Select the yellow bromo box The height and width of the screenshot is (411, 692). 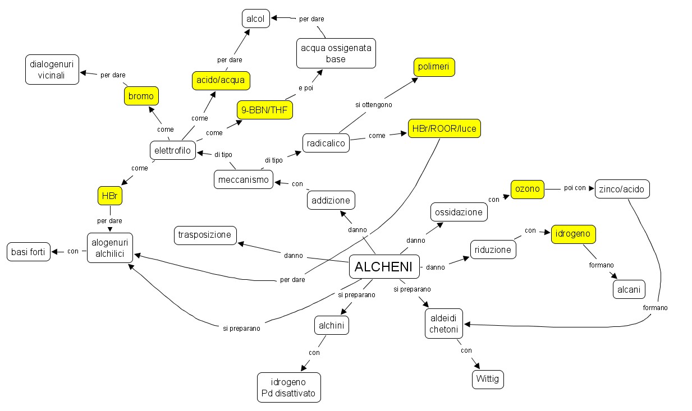click(141, 96)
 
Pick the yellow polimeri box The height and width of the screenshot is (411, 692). click(434, 67)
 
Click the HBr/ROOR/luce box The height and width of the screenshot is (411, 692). click(444, 128)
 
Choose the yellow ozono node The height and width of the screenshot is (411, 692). click(528, 189)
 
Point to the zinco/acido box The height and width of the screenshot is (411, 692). click(622, 189)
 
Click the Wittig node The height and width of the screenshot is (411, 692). click(487, 379)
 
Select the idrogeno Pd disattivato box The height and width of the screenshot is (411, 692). click(288, 387)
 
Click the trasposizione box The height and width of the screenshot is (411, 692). click(205, 235)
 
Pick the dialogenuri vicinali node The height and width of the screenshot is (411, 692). click(52, 69)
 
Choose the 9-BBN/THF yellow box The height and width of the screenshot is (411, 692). click(265, 110)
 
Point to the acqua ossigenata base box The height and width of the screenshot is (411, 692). click(336, 53)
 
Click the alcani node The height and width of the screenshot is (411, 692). click(629, 289)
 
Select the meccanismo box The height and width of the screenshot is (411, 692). click(244, 179)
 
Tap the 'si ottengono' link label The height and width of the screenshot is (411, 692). click(374, 104)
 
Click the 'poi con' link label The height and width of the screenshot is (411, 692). click(575, 188)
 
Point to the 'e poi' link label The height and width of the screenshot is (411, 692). click(305, 87)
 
